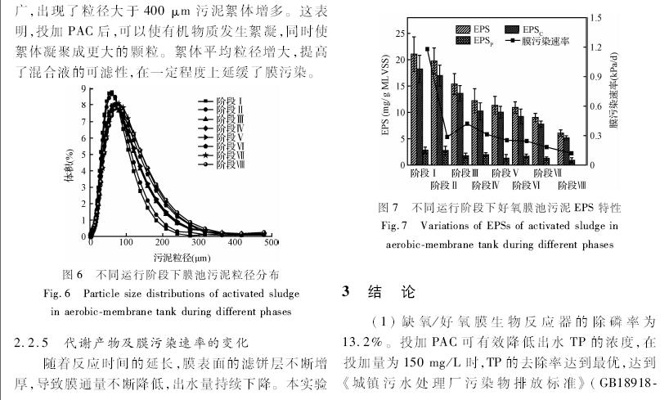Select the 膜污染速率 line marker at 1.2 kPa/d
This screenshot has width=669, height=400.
pyautogui.click(x=427, y=49)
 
